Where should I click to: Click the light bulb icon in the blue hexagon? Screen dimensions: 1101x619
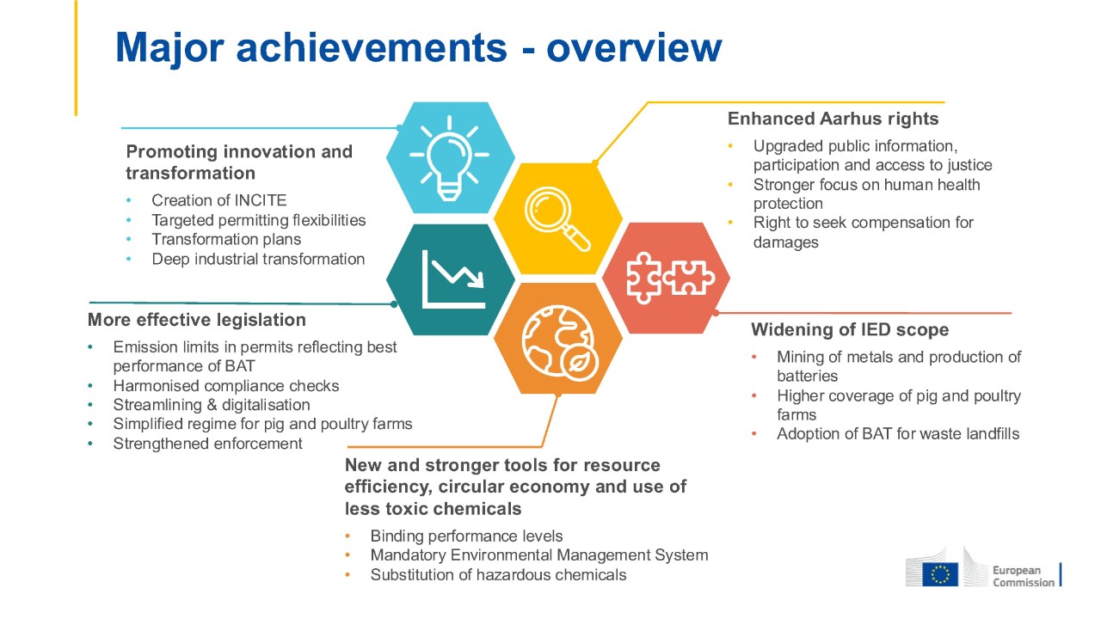click(450, 157)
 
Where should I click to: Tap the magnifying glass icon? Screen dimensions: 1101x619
click(557, 218)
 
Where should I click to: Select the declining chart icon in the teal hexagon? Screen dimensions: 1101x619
click(453, 279)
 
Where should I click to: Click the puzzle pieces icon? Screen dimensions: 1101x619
click(670, 278)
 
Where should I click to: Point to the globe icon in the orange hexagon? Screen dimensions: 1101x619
click(560, 343)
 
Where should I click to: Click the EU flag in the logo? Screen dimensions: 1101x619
click(940, 574)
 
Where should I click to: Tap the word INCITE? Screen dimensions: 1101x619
click(260, 200)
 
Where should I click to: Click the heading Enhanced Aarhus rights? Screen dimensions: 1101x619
click(833, 119)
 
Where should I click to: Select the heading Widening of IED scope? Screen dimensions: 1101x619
click(850, 329)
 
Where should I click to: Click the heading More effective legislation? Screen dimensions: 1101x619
click(197, 320)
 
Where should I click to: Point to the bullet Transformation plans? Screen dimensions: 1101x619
click(226, 239)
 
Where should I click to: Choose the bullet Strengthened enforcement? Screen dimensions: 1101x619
click(207, 444)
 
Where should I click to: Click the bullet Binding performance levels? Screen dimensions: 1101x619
click(466, 536)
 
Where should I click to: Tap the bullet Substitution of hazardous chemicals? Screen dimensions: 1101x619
click(498, 575)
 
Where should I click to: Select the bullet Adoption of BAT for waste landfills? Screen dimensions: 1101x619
click(898, 434)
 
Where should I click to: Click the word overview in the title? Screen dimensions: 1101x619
click(634, 47)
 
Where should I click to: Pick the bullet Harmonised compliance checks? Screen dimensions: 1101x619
click(226, 386)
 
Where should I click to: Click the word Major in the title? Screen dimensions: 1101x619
click(169, 49)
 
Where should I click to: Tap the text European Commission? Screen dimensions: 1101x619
click(1024, 576)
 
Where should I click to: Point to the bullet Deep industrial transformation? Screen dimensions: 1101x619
click(258, 260)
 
